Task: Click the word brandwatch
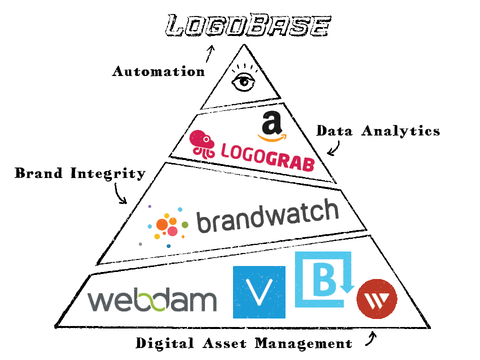click(x=267, y=216)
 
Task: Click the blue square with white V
click(x=259, y=292)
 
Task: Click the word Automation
click(x=158, y=71)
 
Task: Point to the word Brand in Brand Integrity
click(x=38, y=173)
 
